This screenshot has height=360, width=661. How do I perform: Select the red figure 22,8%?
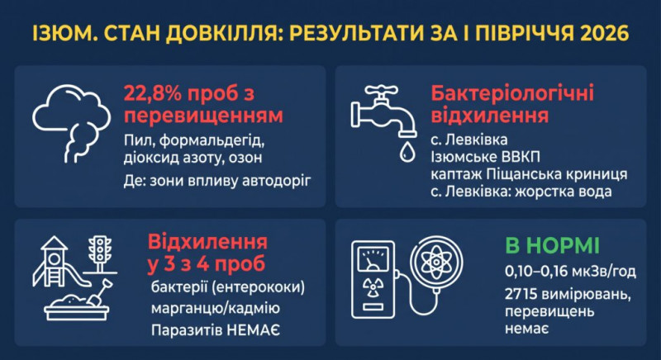click(x=153, y=93)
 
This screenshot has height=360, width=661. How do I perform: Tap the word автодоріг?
click(x=277, y=181)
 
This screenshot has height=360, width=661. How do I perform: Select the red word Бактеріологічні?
click(x=512, y=93)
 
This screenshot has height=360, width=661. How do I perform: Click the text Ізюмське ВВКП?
click(x=485, y=157)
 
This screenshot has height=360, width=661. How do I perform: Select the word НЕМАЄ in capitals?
click(x=253, y=330)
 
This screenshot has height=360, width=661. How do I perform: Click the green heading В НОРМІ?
click(x=552, y=246)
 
